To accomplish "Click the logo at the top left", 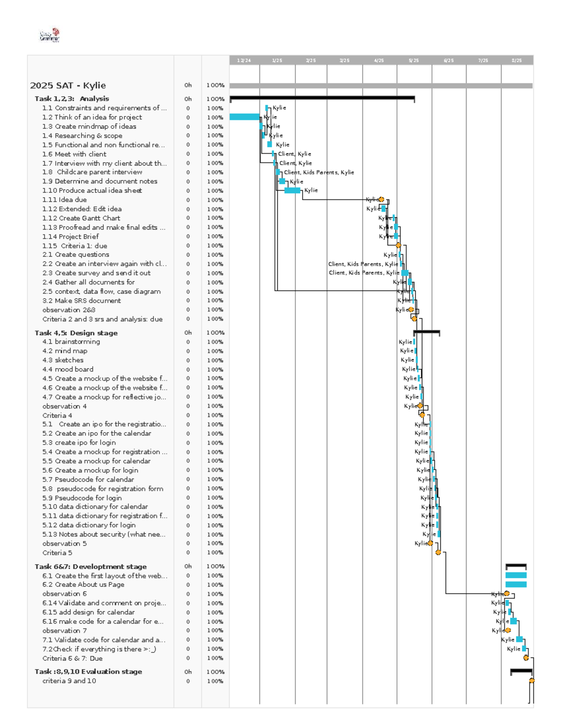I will pos(50,35).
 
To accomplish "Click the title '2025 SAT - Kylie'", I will pos(68,86).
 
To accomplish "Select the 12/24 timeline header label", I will pos(244,60).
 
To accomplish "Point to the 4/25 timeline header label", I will pos(379,60).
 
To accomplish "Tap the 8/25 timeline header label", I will pos(516,60).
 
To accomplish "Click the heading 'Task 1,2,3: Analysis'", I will pos(72,99).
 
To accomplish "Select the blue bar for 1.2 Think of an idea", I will pos(245,117).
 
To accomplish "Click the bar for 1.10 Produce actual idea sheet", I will pos(292,190).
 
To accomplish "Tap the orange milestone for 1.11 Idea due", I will pos(381,200).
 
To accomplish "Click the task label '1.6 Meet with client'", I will pos(74,154).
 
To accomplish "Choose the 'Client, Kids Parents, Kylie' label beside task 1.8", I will pos(319,172).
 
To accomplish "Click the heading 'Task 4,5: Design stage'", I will pos(76,333).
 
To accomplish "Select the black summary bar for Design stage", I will pos(426,332).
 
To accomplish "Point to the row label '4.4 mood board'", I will pos(68,369).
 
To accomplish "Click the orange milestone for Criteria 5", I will pos(438,553).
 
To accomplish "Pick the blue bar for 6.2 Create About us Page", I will pos(516,584).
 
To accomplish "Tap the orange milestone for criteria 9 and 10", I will pos(532,681).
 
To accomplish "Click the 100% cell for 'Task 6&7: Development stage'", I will pos(215,567).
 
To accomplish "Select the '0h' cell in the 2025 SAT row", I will pos(188,86).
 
